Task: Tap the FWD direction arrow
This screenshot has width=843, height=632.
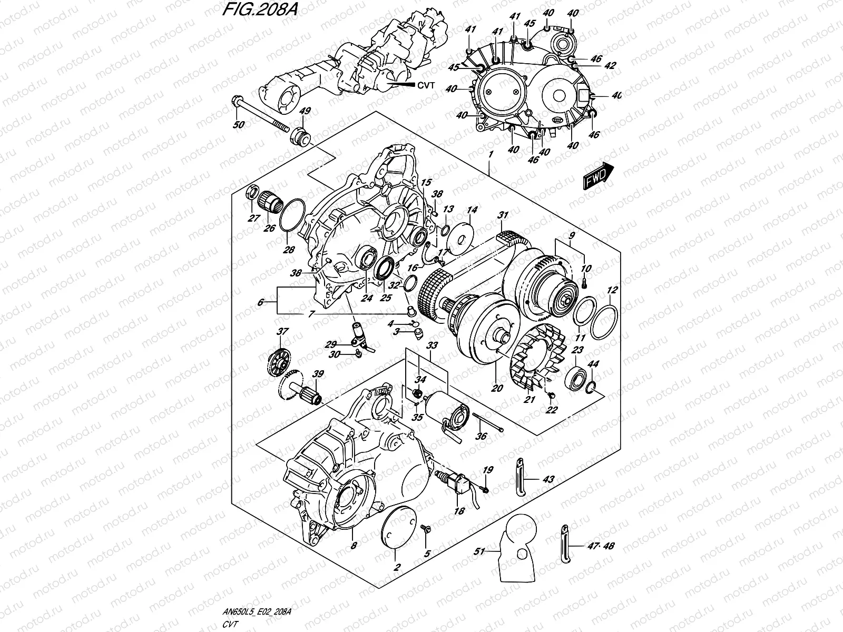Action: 599,175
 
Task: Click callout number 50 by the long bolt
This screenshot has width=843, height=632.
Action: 239,124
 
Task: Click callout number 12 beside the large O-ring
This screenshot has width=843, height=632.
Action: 612,290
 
